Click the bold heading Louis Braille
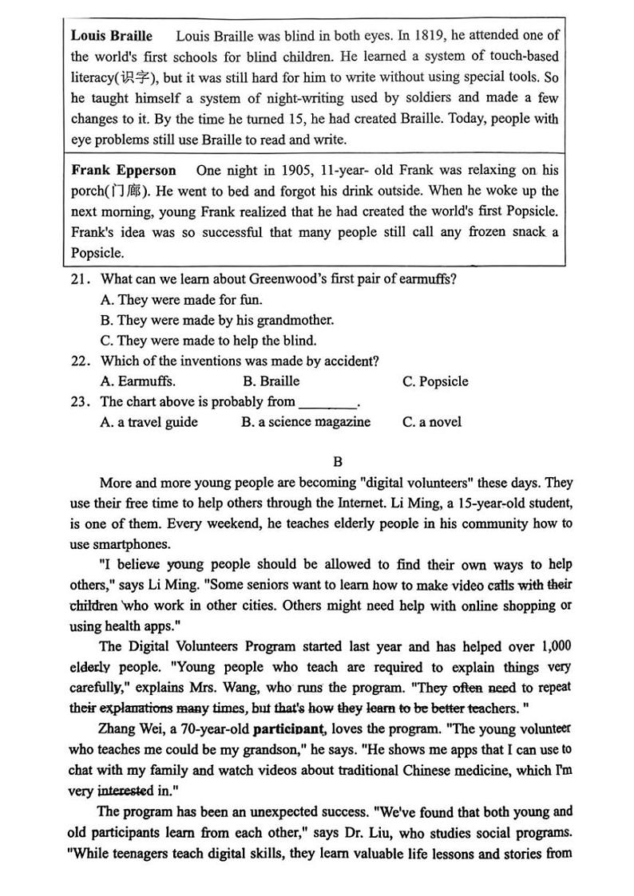click(x=111, y=36)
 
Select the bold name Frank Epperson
click(x=124, y=171)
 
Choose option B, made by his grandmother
click(x=216, y=320)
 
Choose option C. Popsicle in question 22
click(x=435, y=381)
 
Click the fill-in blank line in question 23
click(x=327, y=404)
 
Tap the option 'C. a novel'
click(x=431, y=422)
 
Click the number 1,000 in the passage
click(x=552, y=647)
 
